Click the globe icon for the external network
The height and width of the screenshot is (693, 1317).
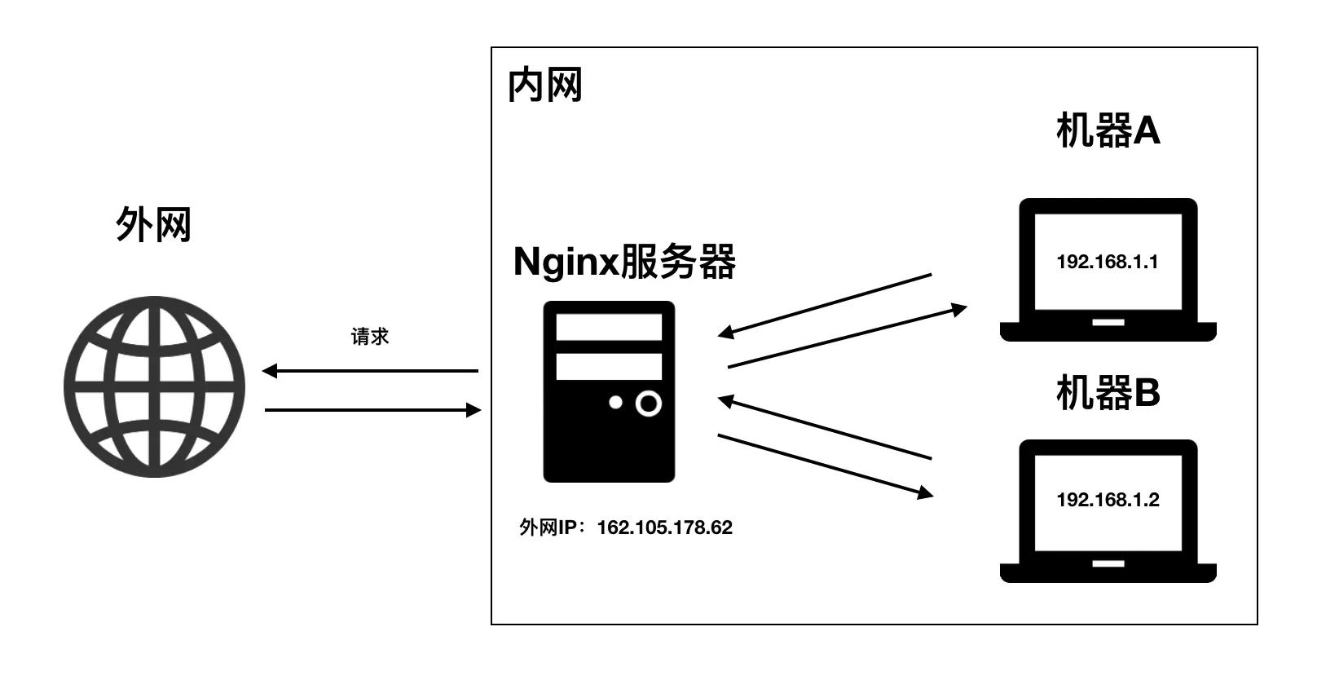click(154, 386)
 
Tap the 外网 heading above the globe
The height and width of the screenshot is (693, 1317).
click(153, 224)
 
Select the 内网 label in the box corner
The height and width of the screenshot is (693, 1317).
click(544, 86)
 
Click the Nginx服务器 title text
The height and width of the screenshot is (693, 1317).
click(624, 263)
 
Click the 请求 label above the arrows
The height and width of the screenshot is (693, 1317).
click(370, 337)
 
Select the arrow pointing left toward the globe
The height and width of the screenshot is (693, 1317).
click(370, 371)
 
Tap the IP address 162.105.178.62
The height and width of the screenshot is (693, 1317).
click(664, 527)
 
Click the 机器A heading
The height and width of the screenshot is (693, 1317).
click(1108, 130)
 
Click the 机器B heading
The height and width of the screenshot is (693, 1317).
click(1108, 393)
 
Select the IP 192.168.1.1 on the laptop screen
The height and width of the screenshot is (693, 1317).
click(1107, 262)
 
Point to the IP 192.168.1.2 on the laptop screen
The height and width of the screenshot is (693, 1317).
click(1108, 500)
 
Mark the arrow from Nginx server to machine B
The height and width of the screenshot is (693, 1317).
click(825, 465)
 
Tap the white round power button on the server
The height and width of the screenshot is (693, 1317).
click(648, 404)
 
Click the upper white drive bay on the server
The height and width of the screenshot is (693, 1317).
click(609, 327)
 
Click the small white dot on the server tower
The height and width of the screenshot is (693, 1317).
click(615, 402)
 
